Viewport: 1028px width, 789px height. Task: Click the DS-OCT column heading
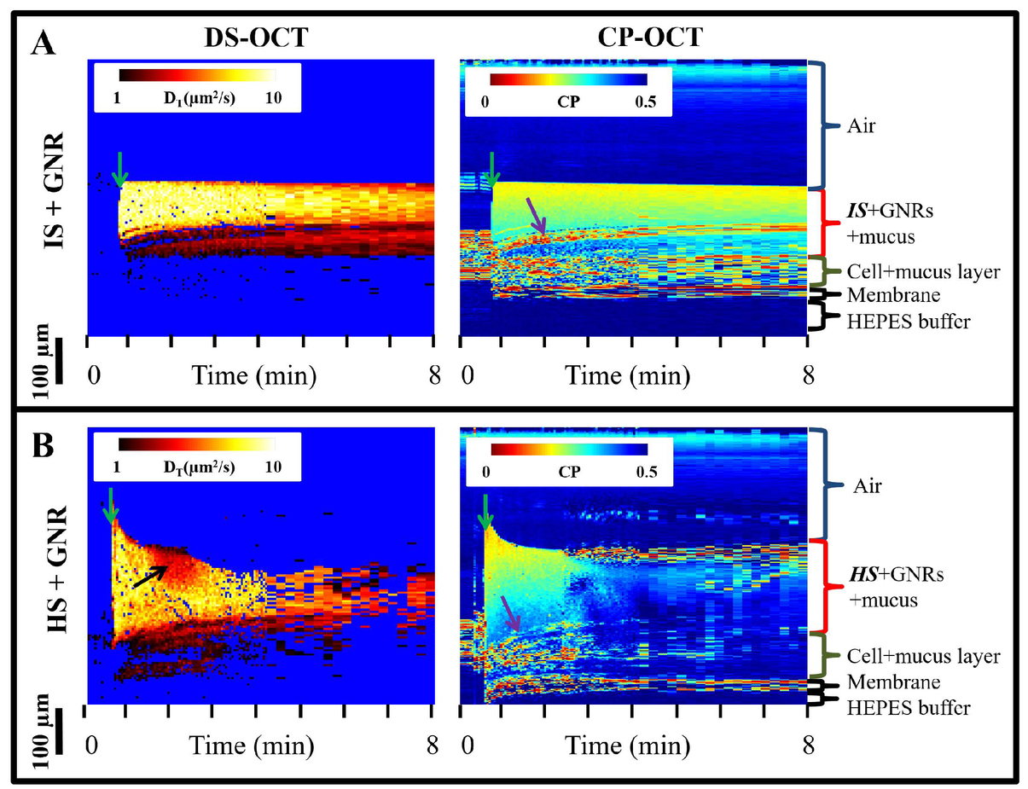(256, 38)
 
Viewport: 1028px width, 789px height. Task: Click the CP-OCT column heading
(650, 37)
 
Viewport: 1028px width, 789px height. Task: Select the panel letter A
(43, 44)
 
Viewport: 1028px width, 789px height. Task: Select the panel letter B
(43, 446)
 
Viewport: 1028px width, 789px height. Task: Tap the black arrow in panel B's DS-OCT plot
(150, 577)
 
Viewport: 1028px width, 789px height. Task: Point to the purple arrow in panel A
(537, 216)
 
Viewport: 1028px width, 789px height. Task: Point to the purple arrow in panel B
(511, 613)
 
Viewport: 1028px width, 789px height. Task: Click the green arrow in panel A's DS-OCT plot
(120, 170)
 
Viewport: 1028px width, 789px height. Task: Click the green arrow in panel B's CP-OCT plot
(485, 513)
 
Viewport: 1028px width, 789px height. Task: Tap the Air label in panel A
(861, 126)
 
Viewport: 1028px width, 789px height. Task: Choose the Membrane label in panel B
(894, 682)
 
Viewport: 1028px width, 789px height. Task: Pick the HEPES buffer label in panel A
(909, 322)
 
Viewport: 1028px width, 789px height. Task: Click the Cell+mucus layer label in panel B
(923, 656)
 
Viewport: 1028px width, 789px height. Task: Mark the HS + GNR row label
(58, 569)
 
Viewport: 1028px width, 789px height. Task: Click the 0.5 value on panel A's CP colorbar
(645, 102)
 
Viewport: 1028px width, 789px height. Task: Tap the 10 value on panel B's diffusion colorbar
(273, 467)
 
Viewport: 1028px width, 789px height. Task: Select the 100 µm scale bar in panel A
(59, 361)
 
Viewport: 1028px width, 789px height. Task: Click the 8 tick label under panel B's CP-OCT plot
(809, 745)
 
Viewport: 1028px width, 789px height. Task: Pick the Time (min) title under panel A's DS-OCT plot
(254, 376)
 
